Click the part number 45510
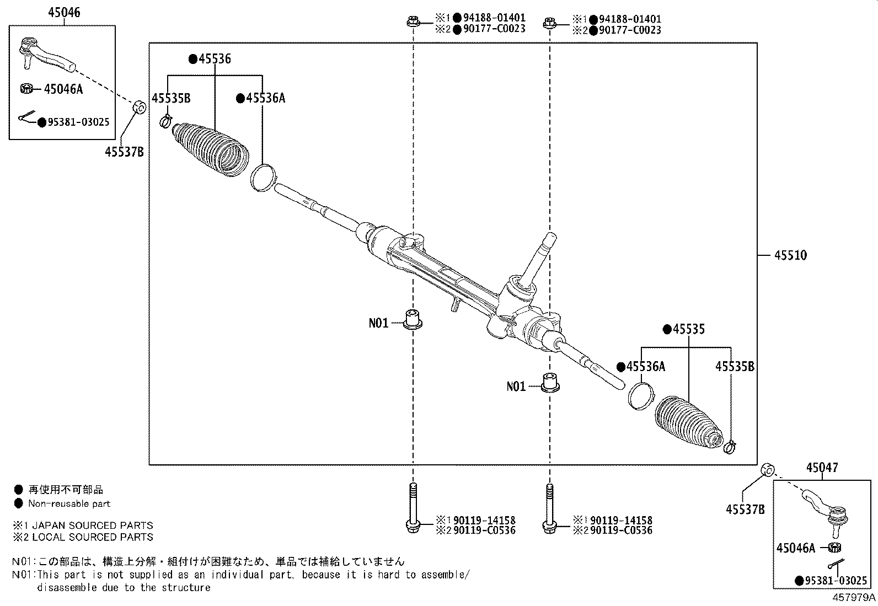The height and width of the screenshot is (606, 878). point(790,255)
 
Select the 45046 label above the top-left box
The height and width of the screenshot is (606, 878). point(65,13)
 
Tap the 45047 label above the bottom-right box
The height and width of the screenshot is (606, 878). point(822,468)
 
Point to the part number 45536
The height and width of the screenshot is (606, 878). point(215,59)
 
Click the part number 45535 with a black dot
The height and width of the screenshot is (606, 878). point(689,329)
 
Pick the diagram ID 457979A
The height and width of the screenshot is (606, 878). point(854,597)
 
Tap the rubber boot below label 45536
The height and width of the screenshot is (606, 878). point(211,149)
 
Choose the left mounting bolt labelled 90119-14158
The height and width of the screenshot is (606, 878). point(413,508)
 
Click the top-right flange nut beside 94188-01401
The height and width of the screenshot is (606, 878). point(549,23)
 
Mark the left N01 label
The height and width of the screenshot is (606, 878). point(378,323)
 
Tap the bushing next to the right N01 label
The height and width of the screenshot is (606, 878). point(550,383)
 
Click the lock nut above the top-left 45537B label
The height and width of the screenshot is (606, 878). point(140,107)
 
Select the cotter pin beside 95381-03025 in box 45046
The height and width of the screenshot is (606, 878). point(28,116)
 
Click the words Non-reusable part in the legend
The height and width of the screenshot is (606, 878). point(69,503)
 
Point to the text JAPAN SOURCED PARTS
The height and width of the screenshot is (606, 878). point(93,525)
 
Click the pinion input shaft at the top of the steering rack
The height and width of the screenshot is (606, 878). point(539,259)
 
